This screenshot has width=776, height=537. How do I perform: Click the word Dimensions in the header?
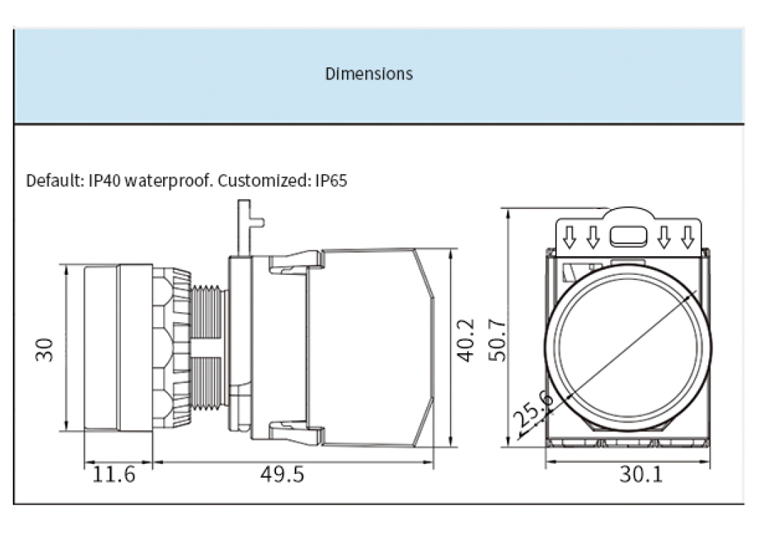coord(369,74)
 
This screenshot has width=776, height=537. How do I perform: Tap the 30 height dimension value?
coord(44,349)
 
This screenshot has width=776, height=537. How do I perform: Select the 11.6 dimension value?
coord(114,474)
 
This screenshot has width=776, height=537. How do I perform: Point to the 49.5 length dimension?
coord(281,474)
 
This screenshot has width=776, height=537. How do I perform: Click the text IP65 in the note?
coord(331,180)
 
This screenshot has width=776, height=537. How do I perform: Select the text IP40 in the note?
coord(104,180)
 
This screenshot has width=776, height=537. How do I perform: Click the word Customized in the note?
coord(265,180)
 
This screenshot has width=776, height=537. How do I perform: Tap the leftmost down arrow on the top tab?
coord(570,236)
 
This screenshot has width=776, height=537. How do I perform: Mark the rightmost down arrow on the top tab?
coord(688,236)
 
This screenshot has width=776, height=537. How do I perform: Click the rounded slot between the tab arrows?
coord(629,236)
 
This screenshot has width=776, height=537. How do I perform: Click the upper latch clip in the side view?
coord(293,263)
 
